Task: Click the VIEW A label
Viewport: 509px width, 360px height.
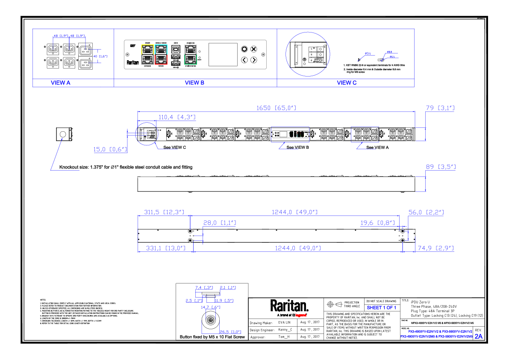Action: pyautogui.click(x=60, y=83)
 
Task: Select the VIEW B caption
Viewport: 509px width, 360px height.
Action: pyautogui.click(x=194, y=83)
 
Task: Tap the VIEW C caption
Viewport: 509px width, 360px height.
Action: pyautogui.click(x=347, y=83)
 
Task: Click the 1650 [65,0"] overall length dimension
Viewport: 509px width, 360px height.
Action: pyautogui.click(x=276, y=108)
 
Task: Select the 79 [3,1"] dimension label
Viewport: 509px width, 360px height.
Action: pyautogui.click(x=440, y=108)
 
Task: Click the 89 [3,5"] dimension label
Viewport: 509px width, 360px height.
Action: pyautogui.click(x=440, y=167)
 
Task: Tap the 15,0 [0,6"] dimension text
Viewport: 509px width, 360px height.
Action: pyautogui.click(x=110, y=149)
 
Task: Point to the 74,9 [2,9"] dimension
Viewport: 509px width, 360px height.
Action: pyautogui.click(x=435, y=248)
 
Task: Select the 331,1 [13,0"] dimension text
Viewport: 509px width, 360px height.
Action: pyautogui.click(x=164, y=248)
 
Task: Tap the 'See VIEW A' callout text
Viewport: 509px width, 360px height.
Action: pyautogui.click(x=378, y=147)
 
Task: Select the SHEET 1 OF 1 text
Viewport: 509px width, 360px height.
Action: pyautogui.click(x=381, y=307)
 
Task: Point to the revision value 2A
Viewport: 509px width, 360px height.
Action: pyautogui.click(x=478, y=336)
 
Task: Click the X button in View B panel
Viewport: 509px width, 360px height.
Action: pyautogui.click(x=254, y=49)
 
